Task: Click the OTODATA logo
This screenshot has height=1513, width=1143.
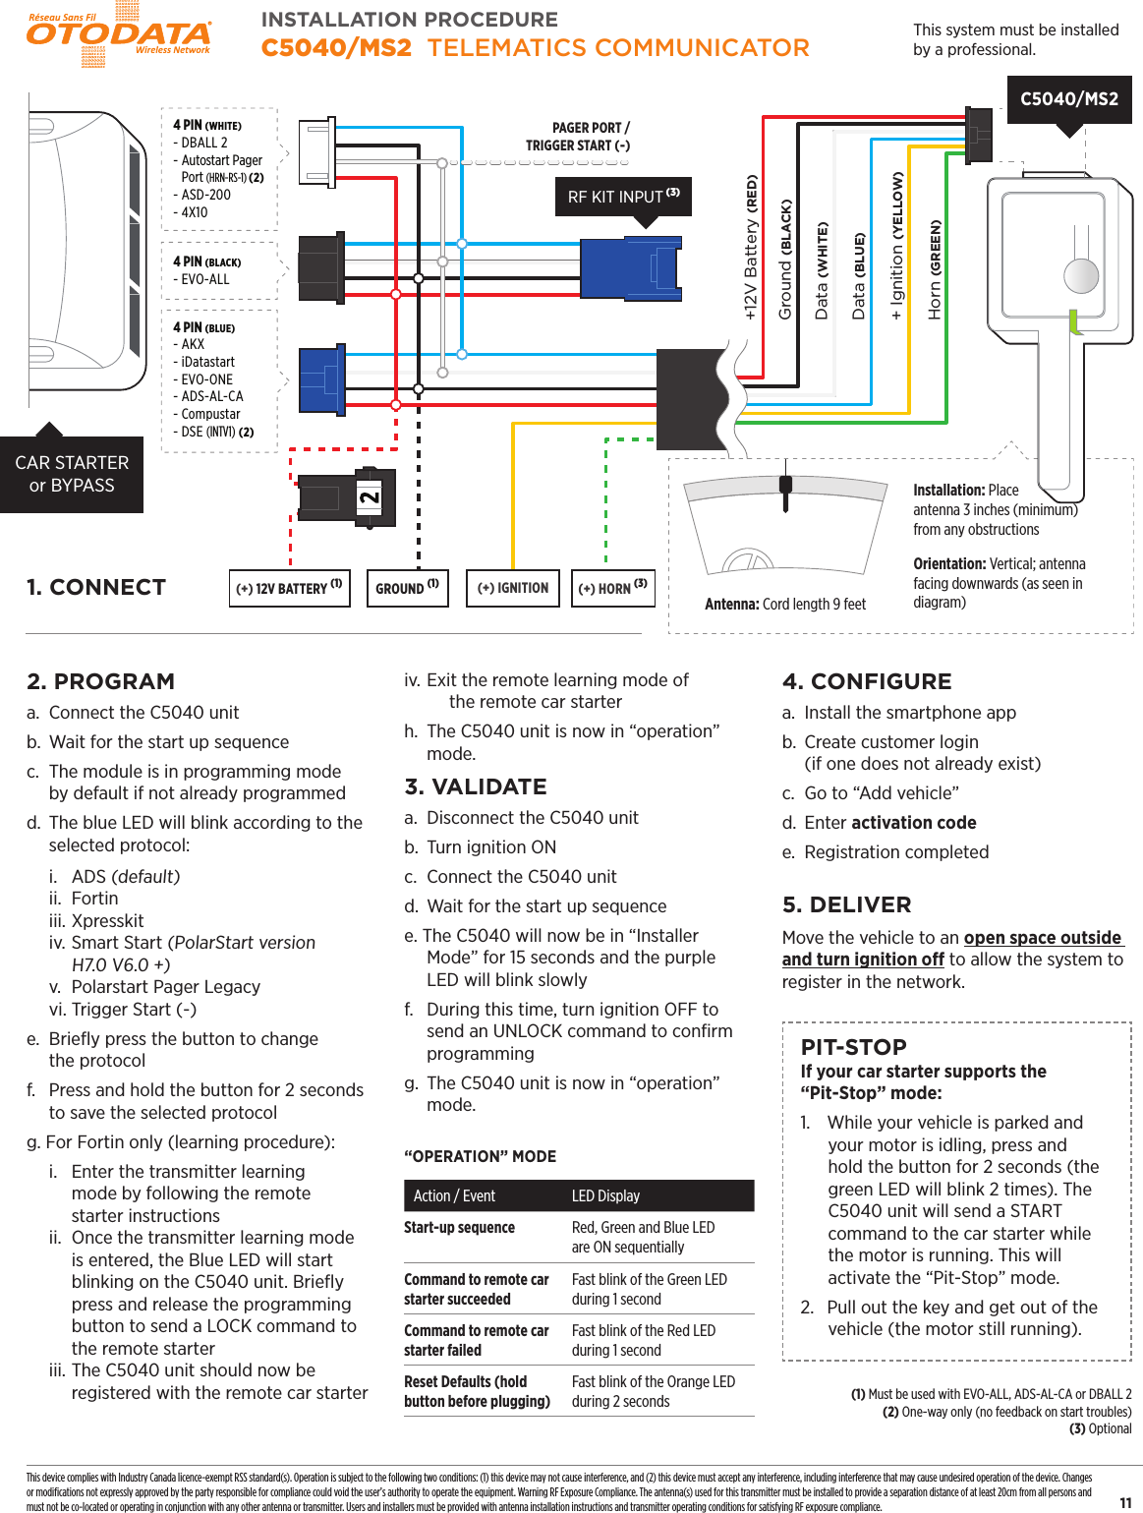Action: coord(118,34)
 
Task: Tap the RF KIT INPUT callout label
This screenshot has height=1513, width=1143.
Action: coord(623,197)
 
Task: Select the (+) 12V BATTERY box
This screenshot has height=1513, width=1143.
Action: coord(289,588)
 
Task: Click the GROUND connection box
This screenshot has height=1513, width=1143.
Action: coord(407,588)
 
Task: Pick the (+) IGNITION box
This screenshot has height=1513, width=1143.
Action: coord(512,588)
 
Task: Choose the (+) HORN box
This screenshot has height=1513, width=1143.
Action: coord(612,588)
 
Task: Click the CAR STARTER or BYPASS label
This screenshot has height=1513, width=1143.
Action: coord(72,474)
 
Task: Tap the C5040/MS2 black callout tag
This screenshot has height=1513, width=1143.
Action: coord(1068,98)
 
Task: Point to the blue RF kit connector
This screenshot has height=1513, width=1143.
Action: coord(630,267)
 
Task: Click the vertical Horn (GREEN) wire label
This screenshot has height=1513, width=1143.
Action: coord(935,269)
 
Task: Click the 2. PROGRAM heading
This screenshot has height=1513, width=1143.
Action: coord(101,681)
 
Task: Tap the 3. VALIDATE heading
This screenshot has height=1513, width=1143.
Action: coord(476,786)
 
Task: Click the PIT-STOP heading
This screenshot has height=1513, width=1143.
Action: coord(853,1047)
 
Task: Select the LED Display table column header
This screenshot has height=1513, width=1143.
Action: coord(605,1195)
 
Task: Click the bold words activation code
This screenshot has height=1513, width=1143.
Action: coord(913,823)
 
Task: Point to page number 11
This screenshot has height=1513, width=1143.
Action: coord(1125,1502)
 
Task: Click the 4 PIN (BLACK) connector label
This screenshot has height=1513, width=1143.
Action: coord(206,262)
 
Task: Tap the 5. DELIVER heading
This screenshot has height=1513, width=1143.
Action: coord(846,904)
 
